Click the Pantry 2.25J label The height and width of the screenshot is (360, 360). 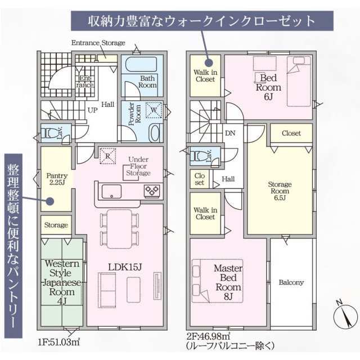coord(57,179)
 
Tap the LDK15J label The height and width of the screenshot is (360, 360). coord(125,267)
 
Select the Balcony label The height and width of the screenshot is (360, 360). coord(291,282)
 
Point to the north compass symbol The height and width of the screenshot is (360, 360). coord(345,314)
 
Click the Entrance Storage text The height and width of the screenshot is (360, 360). coord(98,43)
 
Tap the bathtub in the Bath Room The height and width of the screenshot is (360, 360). coord(141,64)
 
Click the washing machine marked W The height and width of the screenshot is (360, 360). coord(154,110)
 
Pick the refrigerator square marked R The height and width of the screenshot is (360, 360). coord(107,156)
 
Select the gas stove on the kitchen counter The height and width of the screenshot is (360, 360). coord(152,191)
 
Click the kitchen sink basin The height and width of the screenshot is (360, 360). coord(111,191)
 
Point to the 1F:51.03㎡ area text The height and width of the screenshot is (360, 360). coord(58,342)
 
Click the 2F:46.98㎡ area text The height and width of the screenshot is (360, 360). coord(208,336)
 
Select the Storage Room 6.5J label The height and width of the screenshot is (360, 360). coord(280,191)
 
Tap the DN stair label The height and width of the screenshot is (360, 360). coord(230,133)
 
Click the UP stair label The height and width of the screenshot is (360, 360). coord(92,110)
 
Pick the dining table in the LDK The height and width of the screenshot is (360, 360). coord(119,229)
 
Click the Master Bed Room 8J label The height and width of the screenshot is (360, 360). coord(228,282)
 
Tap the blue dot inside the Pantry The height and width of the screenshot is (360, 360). coord(50,201)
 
